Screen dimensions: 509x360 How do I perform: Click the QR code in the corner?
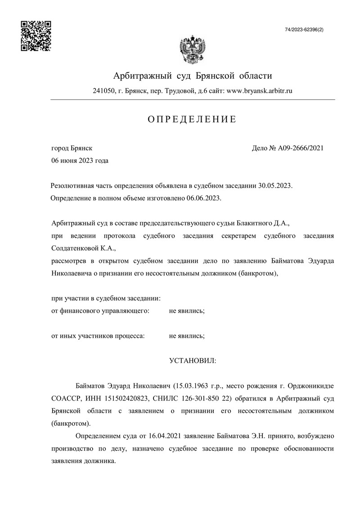(x=36, y=36)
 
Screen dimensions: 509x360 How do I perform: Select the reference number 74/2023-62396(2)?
(x=304, y=29)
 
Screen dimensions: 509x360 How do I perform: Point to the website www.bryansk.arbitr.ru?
(x=260, y=90)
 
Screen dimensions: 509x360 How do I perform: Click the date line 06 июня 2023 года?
(x=80, y=160)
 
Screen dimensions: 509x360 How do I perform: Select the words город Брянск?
(x=72, y=148)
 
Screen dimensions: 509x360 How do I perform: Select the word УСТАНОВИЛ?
(x=192, y=360)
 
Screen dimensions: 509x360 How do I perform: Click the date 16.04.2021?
(x=149, y=436)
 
